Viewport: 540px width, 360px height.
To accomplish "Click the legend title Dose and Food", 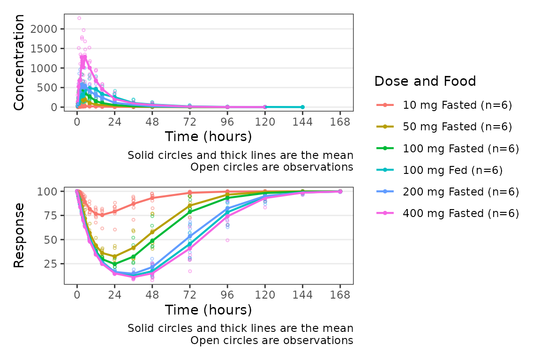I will [425, 82].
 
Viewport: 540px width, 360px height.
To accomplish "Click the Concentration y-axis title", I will [19, 62].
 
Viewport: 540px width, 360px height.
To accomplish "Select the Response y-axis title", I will [19, 236].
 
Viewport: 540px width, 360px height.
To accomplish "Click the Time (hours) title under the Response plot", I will [208, 310].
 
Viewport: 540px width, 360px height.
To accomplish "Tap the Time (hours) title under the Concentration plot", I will [208, 136].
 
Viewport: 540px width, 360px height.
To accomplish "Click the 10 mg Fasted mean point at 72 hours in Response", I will [190, 193].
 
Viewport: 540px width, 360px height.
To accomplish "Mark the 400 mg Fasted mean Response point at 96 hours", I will [227, 217].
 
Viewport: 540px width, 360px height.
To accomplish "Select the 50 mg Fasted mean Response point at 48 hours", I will [152, 232].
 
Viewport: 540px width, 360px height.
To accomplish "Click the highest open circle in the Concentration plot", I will [79, 18].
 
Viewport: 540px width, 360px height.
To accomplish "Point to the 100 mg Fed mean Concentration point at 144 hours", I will [302, 107].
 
